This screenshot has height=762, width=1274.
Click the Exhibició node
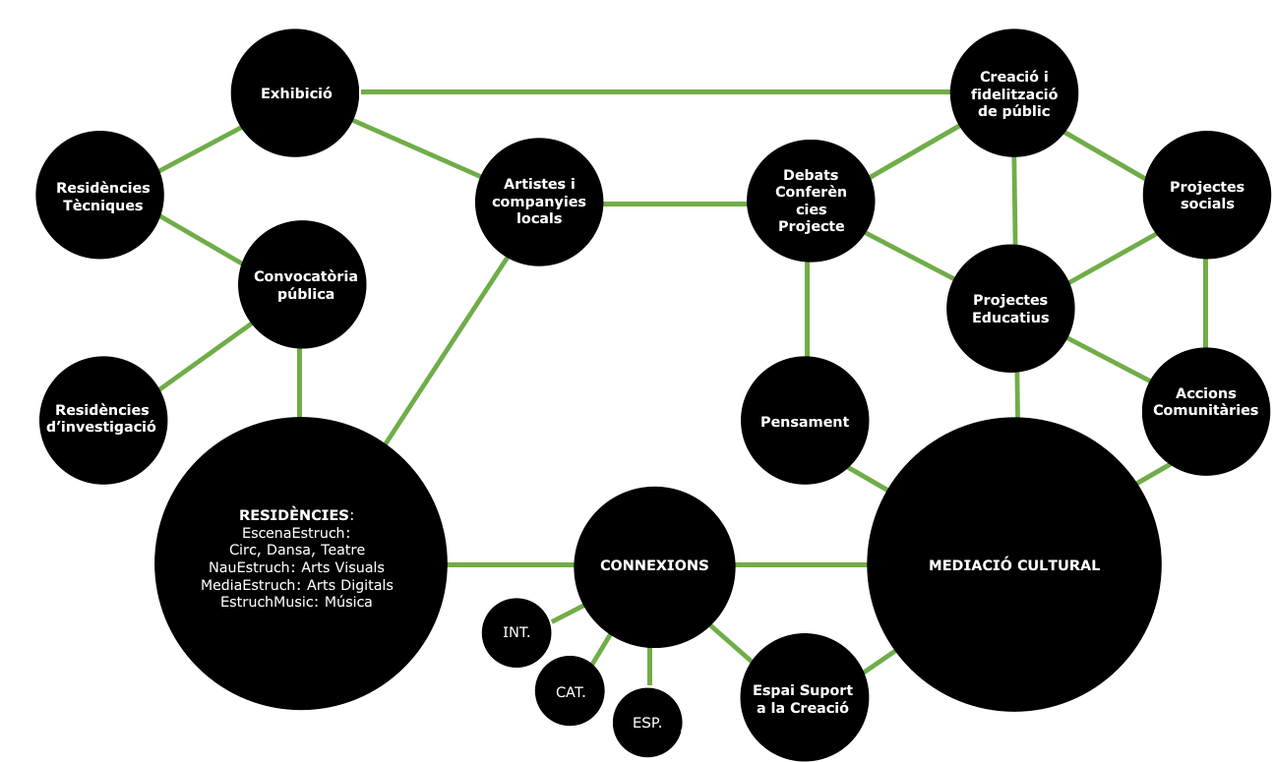pyautogui.click(x=295, y=93)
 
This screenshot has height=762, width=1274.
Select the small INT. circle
pyautogui.click(x=516, y=632)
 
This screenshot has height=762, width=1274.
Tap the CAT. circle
pyautogui.click(x=571, y=691)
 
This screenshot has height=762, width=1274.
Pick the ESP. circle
pyautogui.click(x=648, y=723)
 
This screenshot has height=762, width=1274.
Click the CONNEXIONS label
pyautogui.click(x=654, y=565)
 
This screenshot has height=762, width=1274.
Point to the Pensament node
pyautogui.click(x=805, y=422)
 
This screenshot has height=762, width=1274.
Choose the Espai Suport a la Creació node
pyautogui.click(x=803, y=698)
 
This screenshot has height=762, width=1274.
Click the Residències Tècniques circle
pyautogui.click(x=102, y=196)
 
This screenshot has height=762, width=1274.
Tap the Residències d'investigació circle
pyautogui.click(x=102, y=418)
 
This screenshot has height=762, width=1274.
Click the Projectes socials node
pyautogui.click(x=1206, y=195)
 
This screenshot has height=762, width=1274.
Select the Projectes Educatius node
pyautogui.click(x=1010, y=308)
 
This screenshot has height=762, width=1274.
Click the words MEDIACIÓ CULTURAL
pyautogui.click(x=1014, y=565)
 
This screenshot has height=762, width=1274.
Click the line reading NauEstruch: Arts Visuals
pyautogui.click(x=296, y=567)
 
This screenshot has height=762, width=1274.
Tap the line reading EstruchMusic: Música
pyautogui.click(x=296, y=602)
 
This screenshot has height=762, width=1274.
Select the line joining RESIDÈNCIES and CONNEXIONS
pyautogui.click(x=511, y=565)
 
